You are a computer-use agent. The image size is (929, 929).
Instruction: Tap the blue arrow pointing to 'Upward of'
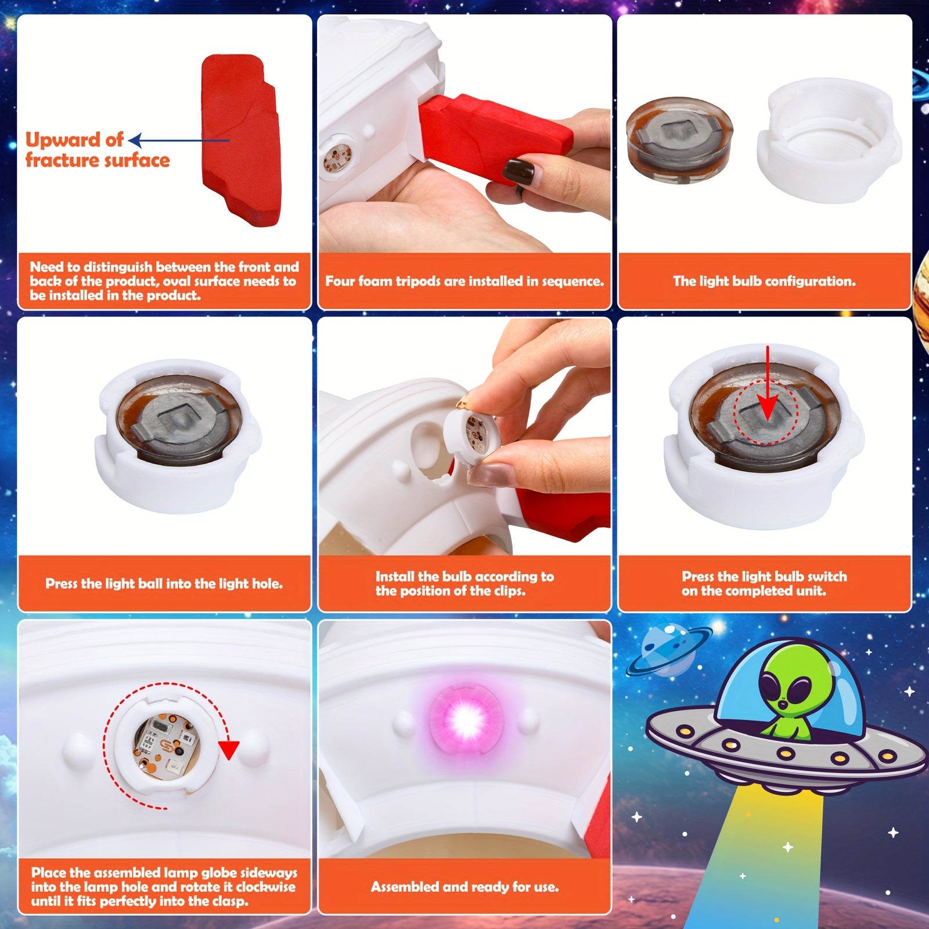pos(179,140)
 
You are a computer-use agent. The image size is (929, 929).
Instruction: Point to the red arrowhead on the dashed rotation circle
pos(229,750)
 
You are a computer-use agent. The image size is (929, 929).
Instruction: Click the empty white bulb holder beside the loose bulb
pos(829,141)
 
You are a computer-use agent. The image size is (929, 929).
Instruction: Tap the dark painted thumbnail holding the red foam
pos(518,172)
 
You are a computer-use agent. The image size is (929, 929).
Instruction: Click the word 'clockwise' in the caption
pos(266,887)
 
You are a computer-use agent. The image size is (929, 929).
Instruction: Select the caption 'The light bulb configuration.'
pos(764,282)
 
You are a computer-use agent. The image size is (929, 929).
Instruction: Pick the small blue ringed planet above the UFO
pos(669,650)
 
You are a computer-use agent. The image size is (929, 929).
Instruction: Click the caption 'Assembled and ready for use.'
pos(464,887)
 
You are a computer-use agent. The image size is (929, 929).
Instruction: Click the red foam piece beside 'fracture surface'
pos(241,139)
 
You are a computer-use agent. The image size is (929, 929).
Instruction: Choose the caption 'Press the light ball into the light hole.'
pos(164,584)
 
